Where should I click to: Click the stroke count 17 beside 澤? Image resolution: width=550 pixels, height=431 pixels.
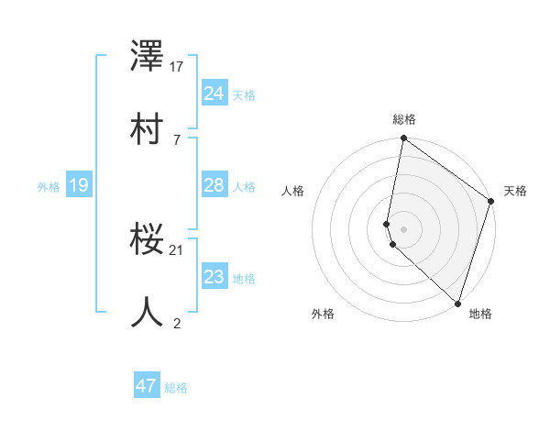(x=177, y=67)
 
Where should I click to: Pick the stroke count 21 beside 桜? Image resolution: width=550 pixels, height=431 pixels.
(x=177, y=249)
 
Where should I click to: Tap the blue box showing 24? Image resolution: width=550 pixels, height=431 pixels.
(x=214, y=94)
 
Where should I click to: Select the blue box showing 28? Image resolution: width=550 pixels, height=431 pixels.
(x=214, y=185)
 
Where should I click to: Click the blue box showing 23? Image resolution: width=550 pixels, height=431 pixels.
(x=214, y=277)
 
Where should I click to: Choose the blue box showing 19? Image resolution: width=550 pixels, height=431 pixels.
(x=78, y=186)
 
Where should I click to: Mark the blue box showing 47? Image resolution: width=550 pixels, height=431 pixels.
(x=147, y=386)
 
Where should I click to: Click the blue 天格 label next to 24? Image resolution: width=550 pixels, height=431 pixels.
(x=243, y=95)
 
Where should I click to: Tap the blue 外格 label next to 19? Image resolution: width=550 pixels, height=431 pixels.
(x=49, y=187)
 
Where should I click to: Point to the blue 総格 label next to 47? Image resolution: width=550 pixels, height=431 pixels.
(x=176, y=388)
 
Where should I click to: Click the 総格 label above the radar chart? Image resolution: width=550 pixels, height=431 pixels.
(x=404, y=119)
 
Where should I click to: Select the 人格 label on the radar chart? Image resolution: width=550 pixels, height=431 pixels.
(x=293, y=191)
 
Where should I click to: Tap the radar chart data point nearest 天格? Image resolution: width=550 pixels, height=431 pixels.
(x=491, y=202)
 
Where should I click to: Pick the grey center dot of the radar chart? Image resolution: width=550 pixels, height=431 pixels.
(x=404, y=228)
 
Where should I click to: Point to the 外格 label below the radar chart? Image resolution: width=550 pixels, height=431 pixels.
(x=323, y=314)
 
